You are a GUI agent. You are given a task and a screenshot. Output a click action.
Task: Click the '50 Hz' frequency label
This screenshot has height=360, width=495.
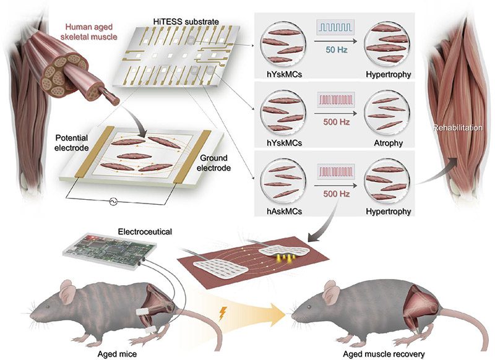pos(337,49)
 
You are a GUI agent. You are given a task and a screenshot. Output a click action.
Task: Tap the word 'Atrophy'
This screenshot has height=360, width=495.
pos(389,143)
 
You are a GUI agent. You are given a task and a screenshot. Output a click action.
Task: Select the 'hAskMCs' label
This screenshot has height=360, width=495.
pos(284,211)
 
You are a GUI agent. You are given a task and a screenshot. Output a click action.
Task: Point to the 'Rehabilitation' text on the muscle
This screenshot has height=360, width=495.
pos(457,128)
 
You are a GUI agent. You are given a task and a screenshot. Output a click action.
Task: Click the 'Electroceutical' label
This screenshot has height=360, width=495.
pos(145,231)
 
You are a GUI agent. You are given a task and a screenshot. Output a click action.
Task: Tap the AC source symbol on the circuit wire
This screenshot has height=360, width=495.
pos(113,201)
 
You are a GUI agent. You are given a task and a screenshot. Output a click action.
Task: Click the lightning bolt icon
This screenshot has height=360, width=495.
pos(222,314)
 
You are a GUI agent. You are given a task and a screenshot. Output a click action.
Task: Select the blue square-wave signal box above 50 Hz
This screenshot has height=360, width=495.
pos(335,28)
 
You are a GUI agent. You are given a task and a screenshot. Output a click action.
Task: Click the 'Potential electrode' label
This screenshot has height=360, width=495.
pos(71,143)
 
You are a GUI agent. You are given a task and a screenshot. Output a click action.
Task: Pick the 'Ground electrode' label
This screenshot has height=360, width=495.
pos(213,163)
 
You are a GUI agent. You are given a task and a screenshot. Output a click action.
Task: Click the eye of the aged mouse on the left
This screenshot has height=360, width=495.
pos(48,307)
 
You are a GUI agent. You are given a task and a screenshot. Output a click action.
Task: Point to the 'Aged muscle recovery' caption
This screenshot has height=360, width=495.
pos(384,354)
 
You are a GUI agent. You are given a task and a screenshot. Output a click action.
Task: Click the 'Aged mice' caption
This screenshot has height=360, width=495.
pos(117,354)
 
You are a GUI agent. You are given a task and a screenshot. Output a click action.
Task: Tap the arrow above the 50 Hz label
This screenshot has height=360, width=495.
pos(336,41)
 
